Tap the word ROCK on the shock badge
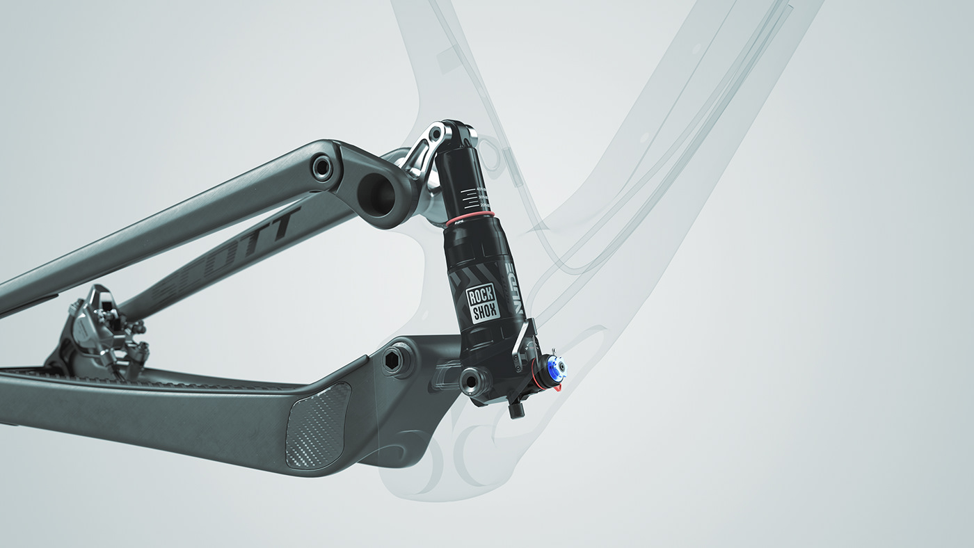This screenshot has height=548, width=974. (x=481, y=296)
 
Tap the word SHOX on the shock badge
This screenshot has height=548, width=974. (x=484, y=312)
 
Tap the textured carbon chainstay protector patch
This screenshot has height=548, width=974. (x=317, y=425)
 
